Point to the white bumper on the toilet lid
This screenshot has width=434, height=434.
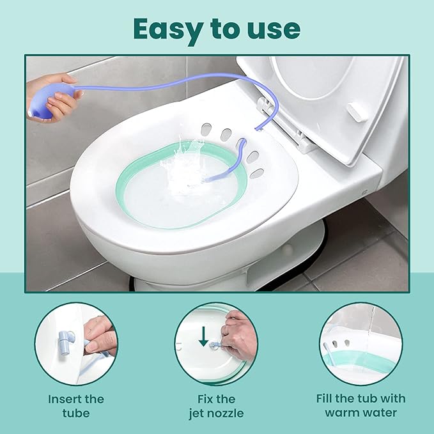coord(359,111)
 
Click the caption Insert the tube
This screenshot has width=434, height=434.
coord(76,405)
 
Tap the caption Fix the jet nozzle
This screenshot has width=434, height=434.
coord(217,405)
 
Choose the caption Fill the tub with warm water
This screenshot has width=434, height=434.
coord(360,405)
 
